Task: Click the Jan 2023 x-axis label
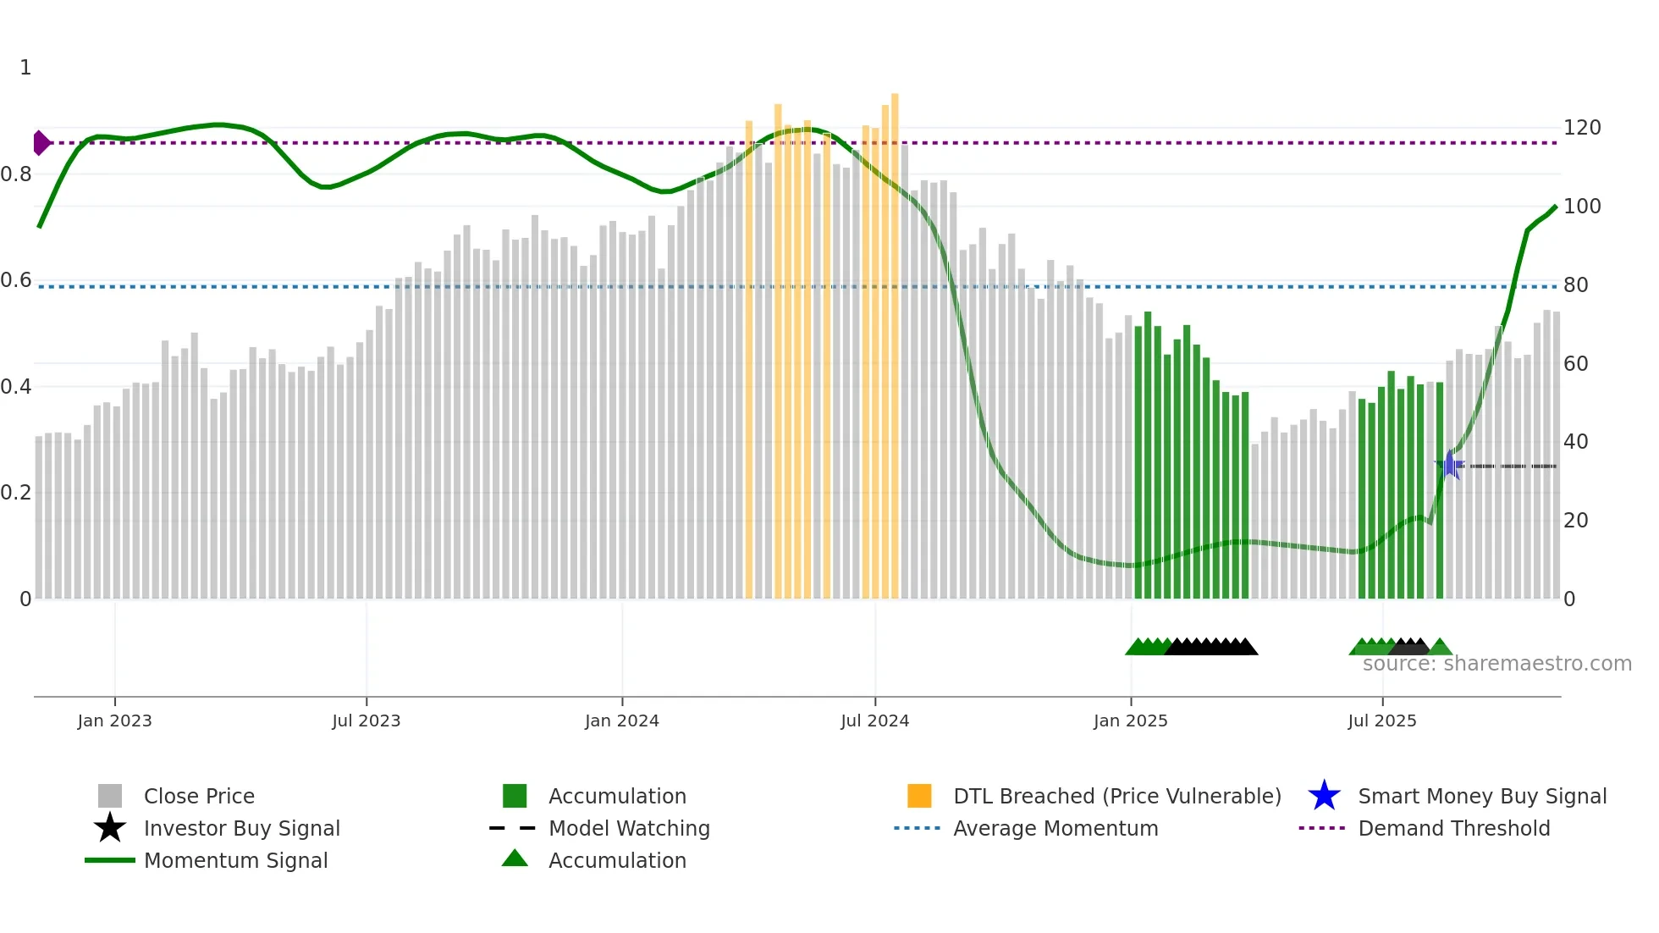114,720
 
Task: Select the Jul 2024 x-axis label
874,720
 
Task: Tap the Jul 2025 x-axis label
1381,720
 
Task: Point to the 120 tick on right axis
1581,128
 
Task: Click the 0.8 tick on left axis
16,174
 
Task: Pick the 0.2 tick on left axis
16,493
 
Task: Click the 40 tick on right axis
1575,442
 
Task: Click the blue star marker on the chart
1450,465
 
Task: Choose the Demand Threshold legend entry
1453,829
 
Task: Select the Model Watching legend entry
628,829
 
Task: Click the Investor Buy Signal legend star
110,828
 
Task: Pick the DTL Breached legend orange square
919,796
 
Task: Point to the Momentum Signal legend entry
235,861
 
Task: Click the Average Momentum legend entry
1055,829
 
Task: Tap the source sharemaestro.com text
1496,664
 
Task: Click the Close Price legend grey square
110,796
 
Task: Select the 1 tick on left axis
25,68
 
